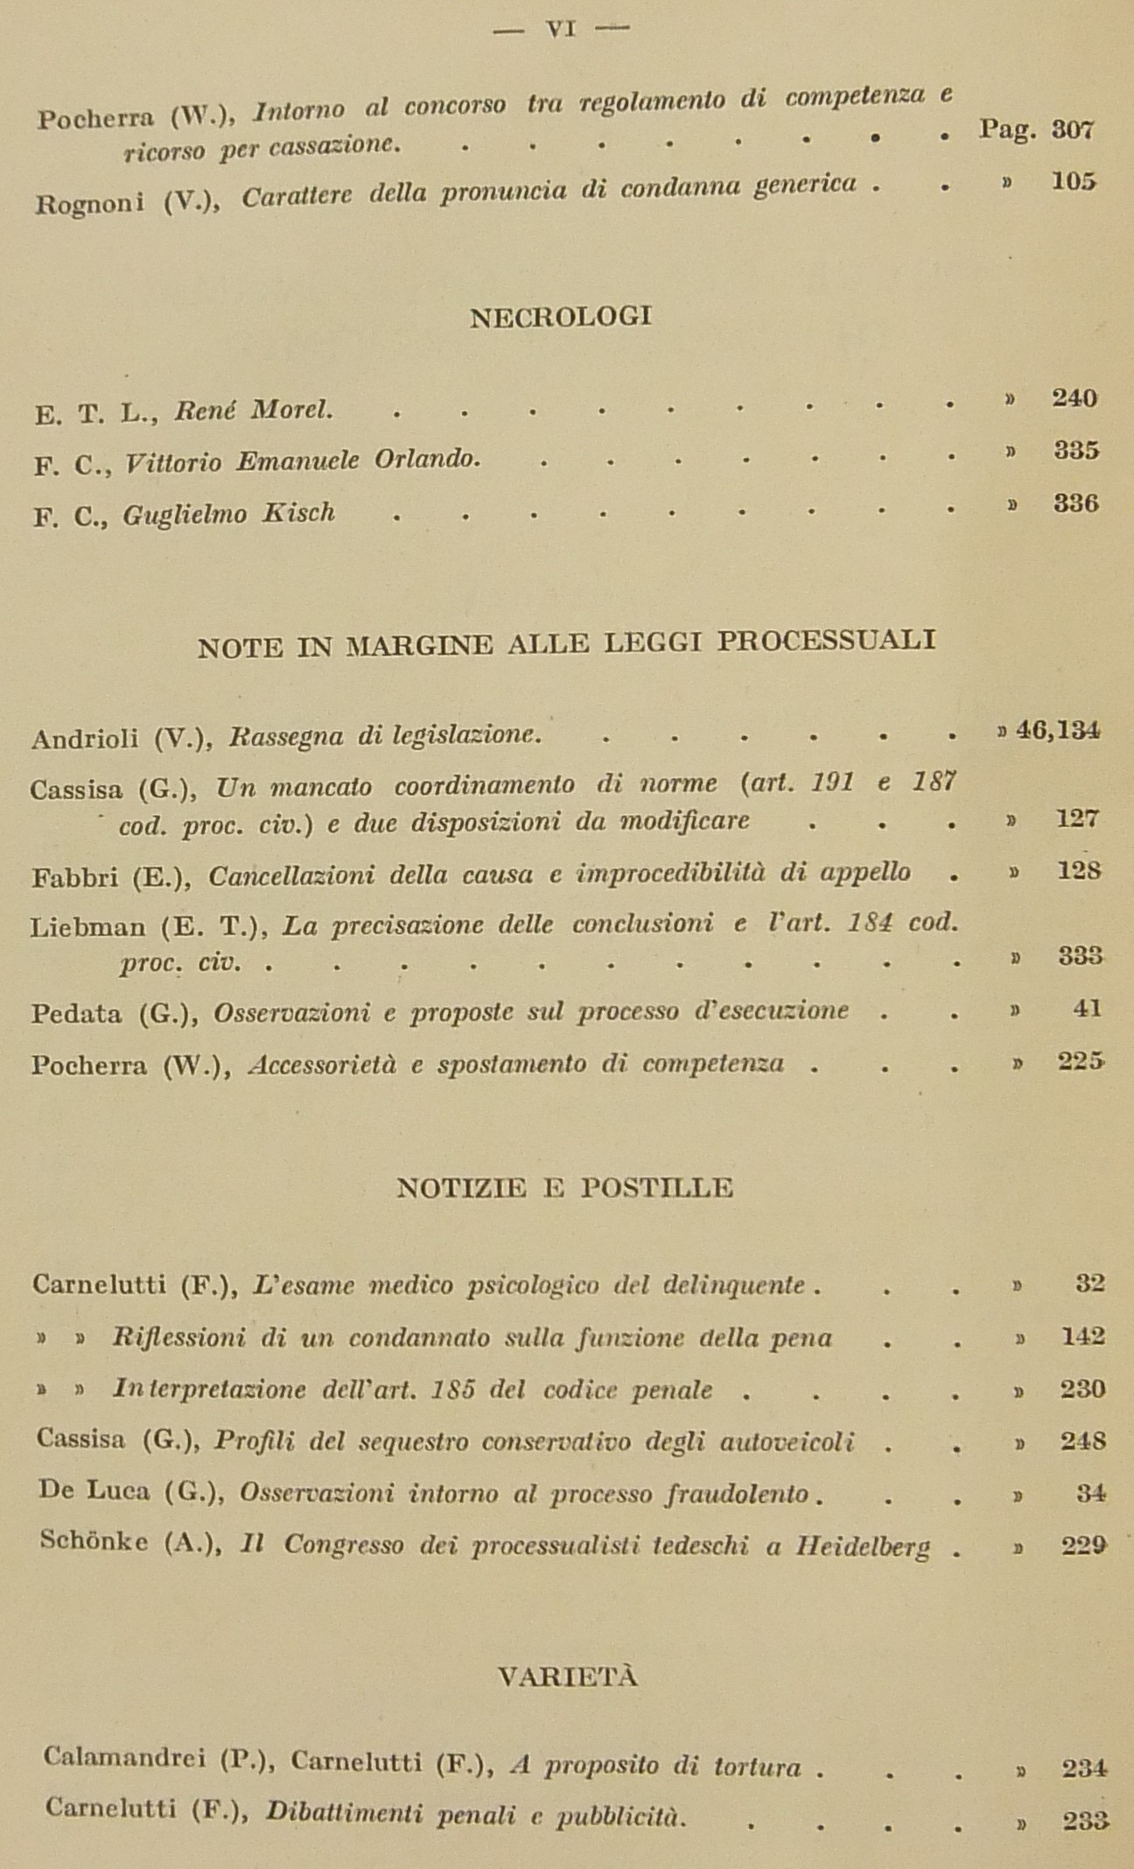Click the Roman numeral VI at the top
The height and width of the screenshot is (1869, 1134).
click(561, 29)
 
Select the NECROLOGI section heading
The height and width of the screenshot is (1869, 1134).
click(561, 317)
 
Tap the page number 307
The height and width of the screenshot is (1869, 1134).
click(1073, 130)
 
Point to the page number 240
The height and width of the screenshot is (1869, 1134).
click(1074, 399)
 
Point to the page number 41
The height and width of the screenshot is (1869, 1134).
click(1087, 1009)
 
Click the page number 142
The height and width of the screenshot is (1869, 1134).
click(1083, 1337)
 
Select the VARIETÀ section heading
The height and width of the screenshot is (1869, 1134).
click(567, 1676)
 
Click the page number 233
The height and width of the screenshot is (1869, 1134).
click(1086, 1822)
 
